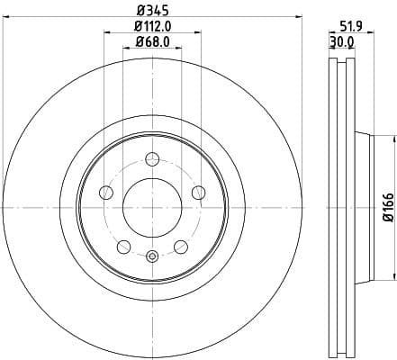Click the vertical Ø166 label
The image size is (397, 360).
[x=387, y=205]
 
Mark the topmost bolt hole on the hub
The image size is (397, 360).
[x=151, y=160]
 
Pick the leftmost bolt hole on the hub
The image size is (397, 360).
[x=105, y=192]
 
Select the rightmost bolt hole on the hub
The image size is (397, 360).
[x=198, y=191]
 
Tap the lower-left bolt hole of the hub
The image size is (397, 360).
[x=122, y=246]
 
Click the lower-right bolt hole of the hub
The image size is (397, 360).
[x=181, y=246]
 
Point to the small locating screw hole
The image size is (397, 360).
[x=151, y=256]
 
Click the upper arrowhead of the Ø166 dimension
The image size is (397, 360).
[x=392, y=138]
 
